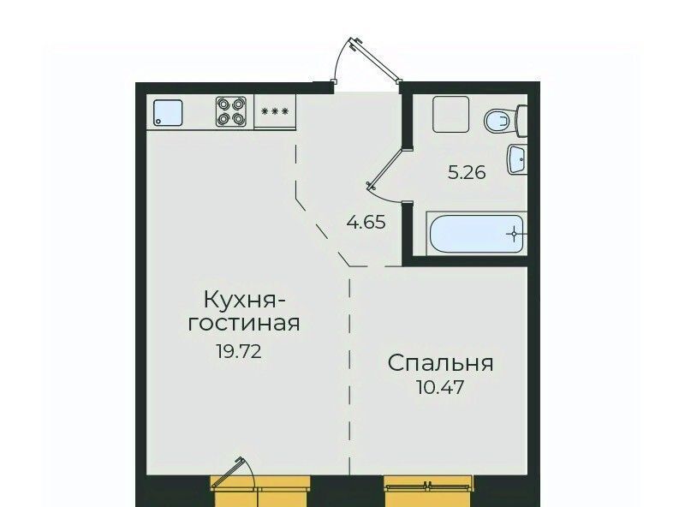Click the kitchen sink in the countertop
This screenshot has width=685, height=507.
point(167,113)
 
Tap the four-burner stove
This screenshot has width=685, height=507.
point(231,111)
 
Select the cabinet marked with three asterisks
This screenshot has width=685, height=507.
point(275,111)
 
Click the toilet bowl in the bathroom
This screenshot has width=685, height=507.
point(498,121)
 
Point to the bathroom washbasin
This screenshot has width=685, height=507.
point(517,159)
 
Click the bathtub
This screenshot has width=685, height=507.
point(477,234)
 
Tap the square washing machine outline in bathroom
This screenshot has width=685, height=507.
point(451,115)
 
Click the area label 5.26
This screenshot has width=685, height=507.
point(467,173)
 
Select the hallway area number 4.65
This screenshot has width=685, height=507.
point(366,223)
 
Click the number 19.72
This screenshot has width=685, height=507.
point(239,351)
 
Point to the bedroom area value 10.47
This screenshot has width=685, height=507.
point(440,387)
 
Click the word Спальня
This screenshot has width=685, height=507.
point(440,363)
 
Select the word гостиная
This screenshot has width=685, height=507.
point(244,324)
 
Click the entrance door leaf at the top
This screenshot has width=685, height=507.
point(375,60)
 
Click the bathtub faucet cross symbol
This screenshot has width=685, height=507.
point(515,234)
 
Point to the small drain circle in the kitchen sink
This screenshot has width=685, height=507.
point(158,122)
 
